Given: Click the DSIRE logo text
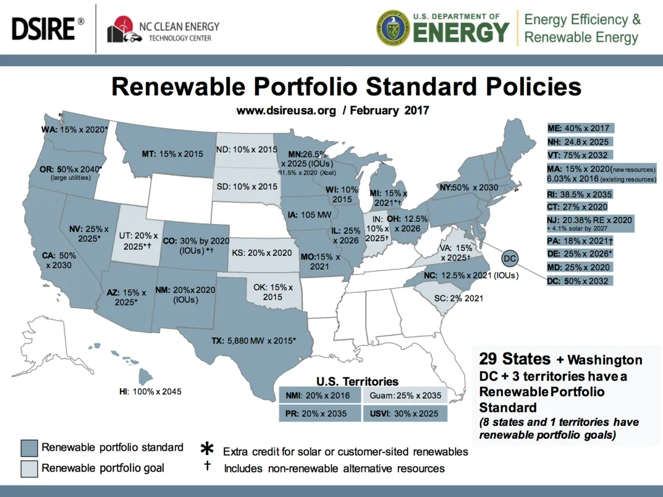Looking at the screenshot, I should click(44, 28).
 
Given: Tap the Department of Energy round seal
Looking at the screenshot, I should click(393, 28).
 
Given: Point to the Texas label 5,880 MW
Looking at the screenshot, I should click(253, 341).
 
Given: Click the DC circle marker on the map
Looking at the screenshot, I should click(510, 259).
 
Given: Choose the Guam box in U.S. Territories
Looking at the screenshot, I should click(405, 396).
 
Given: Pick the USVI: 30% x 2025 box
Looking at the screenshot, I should click(405, 413).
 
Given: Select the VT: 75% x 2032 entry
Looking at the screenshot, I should click(578, 155).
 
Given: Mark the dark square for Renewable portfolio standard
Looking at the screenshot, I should click(29, 448).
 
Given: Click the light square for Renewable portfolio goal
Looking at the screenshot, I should click(29, 468).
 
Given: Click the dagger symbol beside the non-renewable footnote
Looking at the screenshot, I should click(207, 467).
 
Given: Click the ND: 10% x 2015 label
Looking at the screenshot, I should click(246, 149).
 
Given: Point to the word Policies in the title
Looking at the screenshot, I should click(521, 86).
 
